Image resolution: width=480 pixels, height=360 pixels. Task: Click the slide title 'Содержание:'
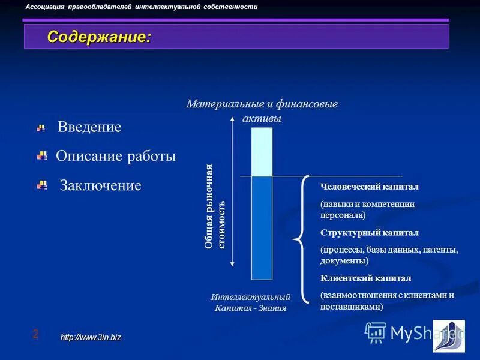point(100,37)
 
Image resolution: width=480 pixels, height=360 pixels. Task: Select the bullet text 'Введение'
point(89,127)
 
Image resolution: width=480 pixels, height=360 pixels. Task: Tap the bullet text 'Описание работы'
point(116,157)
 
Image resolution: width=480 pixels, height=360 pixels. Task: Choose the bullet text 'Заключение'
point(100,185)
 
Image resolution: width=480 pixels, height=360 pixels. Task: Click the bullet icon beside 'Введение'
point(41,128)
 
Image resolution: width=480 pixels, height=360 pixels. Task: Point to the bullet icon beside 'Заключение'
point(42,185)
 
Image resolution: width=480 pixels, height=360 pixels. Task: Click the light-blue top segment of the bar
point(262,151)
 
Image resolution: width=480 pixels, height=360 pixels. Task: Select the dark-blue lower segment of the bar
point(262,228)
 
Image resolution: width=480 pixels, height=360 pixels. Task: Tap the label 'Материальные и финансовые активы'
point(262,111)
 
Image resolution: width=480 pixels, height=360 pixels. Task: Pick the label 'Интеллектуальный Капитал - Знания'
point(251,302)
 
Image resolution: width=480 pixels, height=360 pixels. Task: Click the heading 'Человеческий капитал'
point(370,187)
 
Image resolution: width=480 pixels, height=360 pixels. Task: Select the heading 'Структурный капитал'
point(370,232)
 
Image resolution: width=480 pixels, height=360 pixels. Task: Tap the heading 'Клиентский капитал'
point(366,278)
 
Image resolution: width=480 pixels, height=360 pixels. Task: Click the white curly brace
point(299,240)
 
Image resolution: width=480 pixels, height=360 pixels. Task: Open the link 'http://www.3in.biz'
point(91,337)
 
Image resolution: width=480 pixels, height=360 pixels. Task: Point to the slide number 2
point(35,334)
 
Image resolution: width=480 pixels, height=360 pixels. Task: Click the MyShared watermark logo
point(414,333)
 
